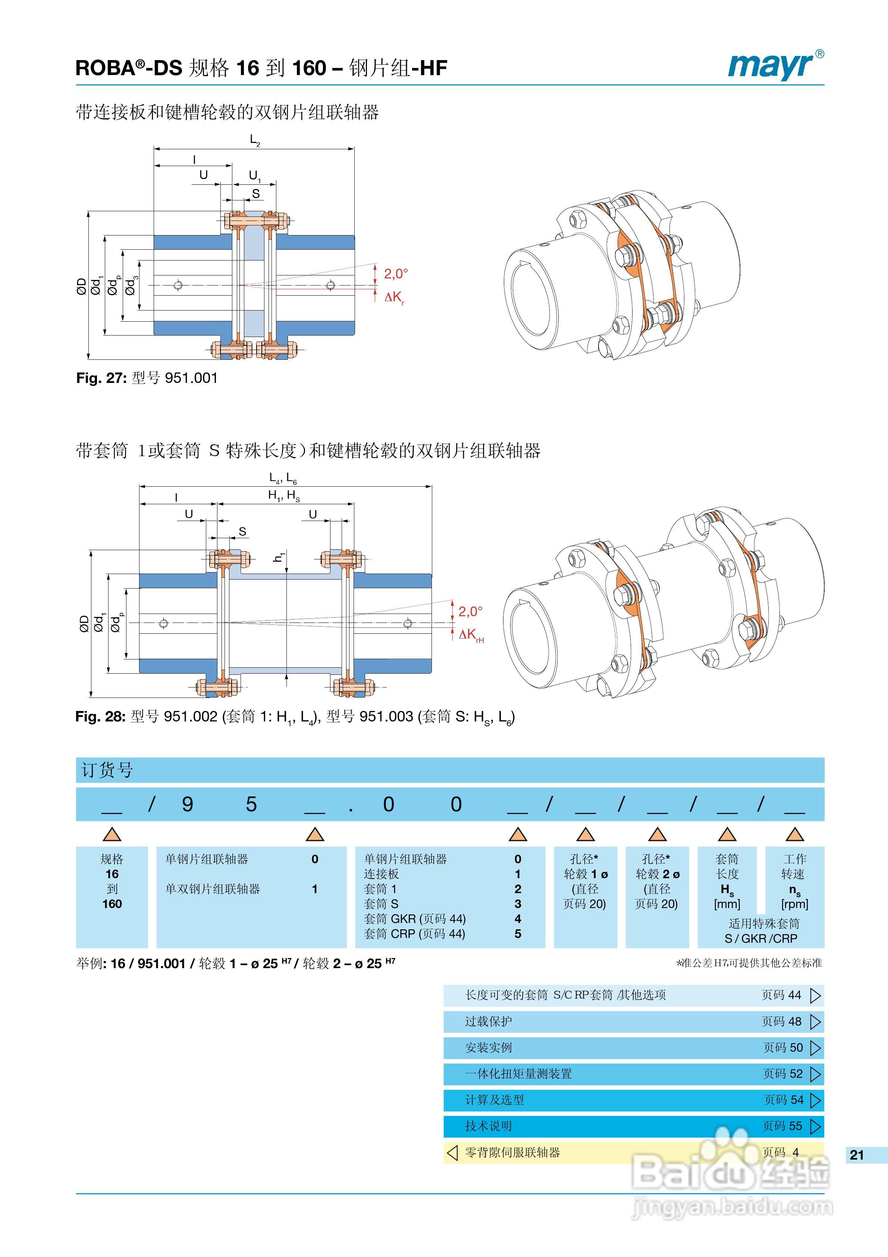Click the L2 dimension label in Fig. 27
tap(254, 140)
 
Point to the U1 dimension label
tap(254, 176)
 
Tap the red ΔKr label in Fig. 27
tap(394, 297)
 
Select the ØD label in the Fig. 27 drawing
tap(82, 286)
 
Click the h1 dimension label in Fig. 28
tap(279, 557)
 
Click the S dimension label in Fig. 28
tap(242, 531)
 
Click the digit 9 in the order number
tap(187, 804)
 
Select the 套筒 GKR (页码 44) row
tap(415, 918)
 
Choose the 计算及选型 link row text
tap(495, 1100)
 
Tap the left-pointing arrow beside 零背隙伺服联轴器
tap(452, 1152)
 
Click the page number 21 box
tap(857, 1155)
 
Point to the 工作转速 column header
tap(794, 866)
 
